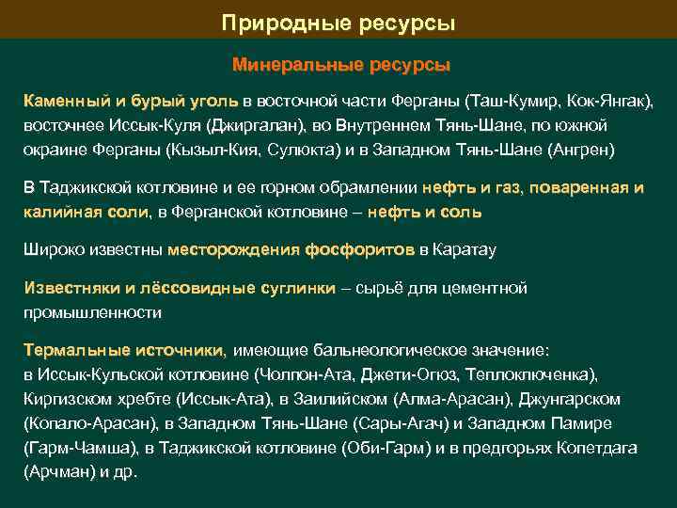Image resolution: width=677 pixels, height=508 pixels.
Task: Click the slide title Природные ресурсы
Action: click(x=338, y=22)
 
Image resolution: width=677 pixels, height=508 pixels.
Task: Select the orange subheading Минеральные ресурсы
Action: click(x=341, y=66)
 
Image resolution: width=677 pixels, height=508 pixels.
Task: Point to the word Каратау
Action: click(x=464, y=249)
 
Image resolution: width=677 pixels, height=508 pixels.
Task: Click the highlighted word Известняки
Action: click(x=68, y=287)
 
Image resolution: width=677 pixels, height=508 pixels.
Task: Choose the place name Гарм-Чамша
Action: click(x=74, y=448)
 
